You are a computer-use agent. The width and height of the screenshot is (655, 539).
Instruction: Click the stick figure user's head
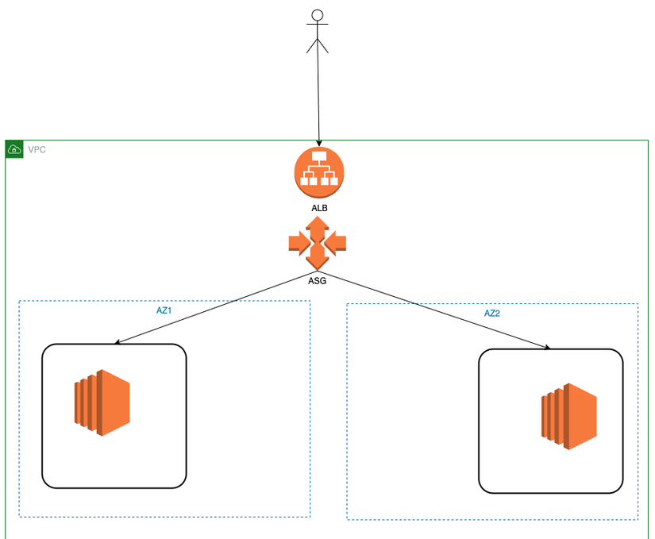[318, 14]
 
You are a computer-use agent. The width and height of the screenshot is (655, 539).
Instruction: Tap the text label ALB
[319, 208]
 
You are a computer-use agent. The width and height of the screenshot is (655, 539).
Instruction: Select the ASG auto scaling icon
[318, 242]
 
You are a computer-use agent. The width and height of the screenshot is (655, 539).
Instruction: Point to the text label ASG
[317, 279]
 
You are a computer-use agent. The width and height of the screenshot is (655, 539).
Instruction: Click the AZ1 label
[164, 310]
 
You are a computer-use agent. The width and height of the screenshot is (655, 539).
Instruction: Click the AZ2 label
[492, 314]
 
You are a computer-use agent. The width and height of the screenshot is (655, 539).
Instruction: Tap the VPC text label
[37, 149]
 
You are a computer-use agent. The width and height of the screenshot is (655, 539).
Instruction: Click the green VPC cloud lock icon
[14, 149]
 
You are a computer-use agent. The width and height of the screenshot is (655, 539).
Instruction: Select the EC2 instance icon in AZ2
[568, 416]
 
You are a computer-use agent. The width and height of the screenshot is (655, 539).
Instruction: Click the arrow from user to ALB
[318, 95]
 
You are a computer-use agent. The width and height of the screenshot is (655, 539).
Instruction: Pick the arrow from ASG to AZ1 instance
[214, 312]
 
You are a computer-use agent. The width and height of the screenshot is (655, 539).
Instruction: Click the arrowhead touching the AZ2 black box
[547, 348]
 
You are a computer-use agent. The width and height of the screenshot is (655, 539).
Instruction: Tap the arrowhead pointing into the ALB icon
[319, 143]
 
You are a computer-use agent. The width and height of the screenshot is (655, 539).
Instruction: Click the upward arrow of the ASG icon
[318, 226]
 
